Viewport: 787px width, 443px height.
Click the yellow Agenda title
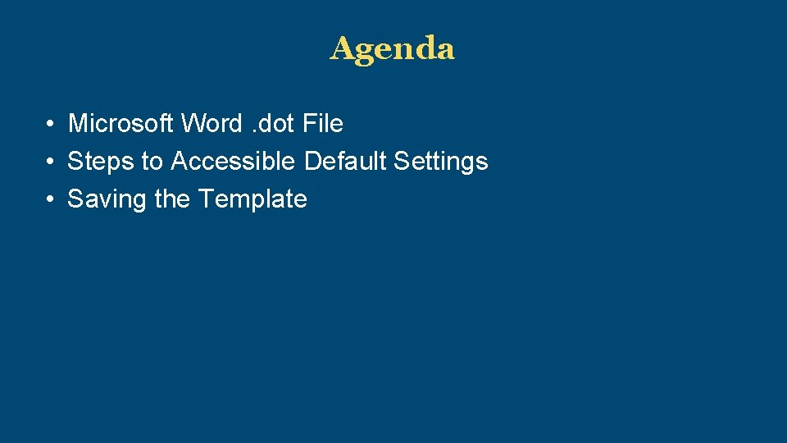tap(392, 49)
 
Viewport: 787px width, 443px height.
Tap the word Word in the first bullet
tap(212, 124)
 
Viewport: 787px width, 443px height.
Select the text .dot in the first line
tap(272, 124)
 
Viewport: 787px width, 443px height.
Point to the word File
tap(323, 124)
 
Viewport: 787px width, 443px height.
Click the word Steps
tap(101, 162)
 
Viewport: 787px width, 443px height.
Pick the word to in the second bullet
tap(152, 162)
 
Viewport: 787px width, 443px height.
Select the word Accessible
tap(233, 162)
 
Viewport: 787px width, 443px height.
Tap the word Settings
tap(441, 162)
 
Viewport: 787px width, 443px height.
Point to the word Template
tap(253, 199)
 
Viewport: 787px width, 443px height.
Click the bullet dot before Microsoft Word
tap(51, 125)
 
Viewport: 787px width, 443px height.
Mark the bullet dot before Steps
tap(51, 162)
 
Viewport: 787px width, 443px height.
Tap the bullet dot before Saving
tap(51, 200)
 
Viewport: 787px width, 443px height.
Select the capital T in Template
tap(206, 199)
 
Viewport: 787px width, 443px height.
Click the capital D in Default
tap(312, 162)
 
